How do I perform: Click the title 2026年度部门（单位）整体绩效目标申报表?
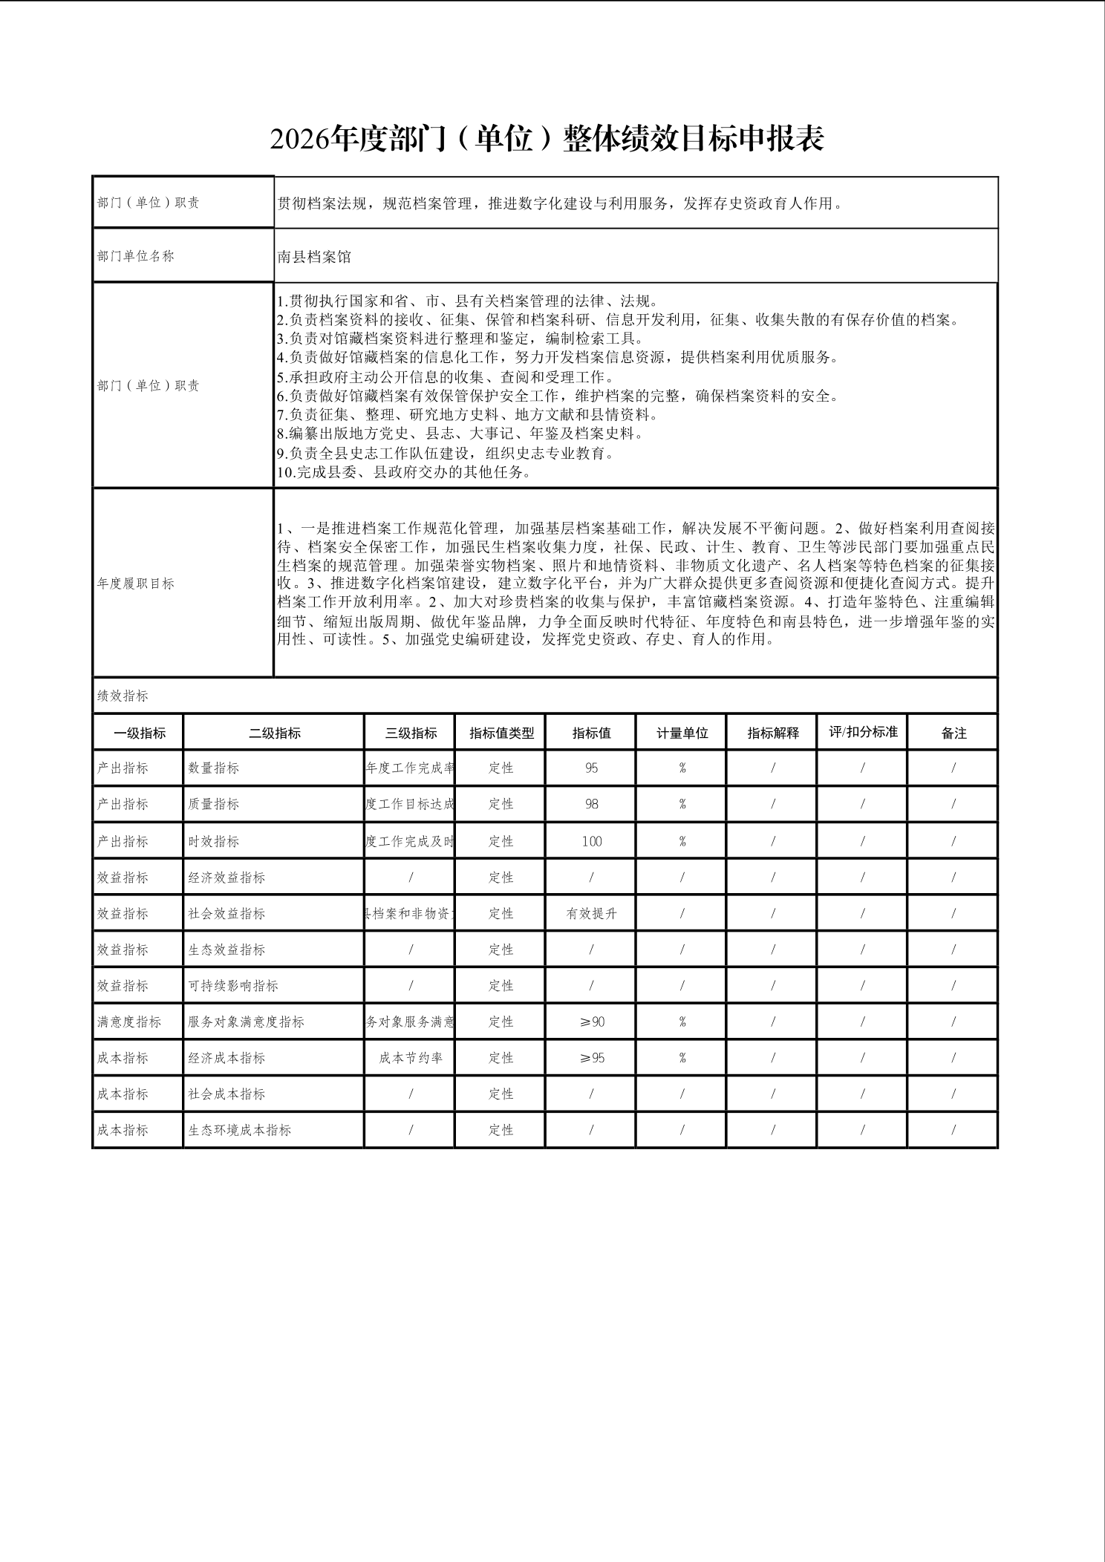(x=547, y=140)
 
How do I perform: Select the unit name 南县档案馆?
(x=314, y=257)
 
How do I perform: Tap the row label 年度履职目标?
(x=136, y=584)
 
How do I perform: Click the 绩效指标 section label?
(x=123, y=696)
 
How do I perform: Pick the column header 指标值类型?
(x=501, y=733)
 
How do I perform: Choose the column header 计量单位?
(x=682, y=733)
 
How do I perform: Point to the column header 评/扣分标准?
(x=863, y=732)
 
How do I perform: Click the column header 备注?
(x=954, y=733)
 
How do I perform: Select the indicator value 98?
(x=592, y=804)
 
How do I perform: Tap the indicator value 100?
(x=592, y=841)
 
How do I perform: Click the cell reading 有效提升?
(x=592, y=914)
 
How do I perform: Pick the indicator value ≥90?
(x=592, y=1022)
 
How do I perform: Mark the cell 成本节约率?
(x=411, y=1058)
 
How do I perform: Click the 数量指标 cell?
(x=214, y=768)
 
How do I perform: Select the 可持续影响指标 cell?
(x=233, y=986)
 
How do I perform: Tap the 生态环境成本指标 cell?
(x=239, y=1130)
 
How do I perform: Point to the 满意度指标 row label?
(x=129, y=1022)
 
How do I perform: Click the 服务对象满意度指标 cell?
(x=246, y=1022)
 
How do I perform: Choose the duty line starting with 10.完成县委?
(x=405, y=472)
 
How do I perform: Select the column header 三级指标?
(x=411, y=733)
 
